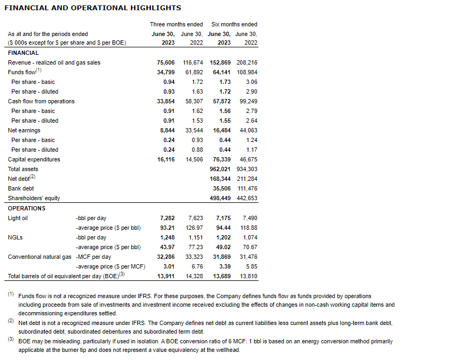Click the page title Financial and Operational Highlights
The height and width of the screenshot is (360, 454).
click(93, 8)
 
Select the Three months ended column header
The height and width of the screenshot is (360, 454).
click(176, 24)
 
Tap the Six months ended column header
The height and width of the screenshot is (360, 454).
click(234, 24)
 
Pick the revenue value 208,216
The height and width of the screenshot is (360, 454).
click(247, 62)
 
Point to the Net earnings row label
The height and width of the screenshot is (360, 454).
click(24, 130)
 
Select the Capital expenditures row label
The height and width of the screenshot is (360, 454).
click(34, 159)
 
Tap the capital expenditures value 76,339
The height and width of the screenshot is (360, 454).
click(220, 159)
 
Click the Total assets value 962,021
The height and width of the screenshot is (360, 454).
click(220, 169)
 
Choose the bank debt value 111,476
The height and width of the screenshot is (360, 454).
click(247, 188)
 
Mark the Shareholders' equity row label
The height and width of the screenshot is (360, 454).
click(34, 198)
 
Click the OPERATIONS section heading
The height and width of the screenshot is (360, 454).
click(26, 208)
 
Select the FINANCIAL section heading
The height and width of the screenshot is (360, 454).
click(23, 53)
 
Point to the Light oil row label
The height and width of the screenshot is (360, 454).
click(18, 218)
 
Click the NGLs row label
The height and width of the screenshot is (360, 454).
click(15, 237)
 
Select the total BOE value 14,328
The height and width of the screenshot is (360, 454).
click(192, 276)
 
